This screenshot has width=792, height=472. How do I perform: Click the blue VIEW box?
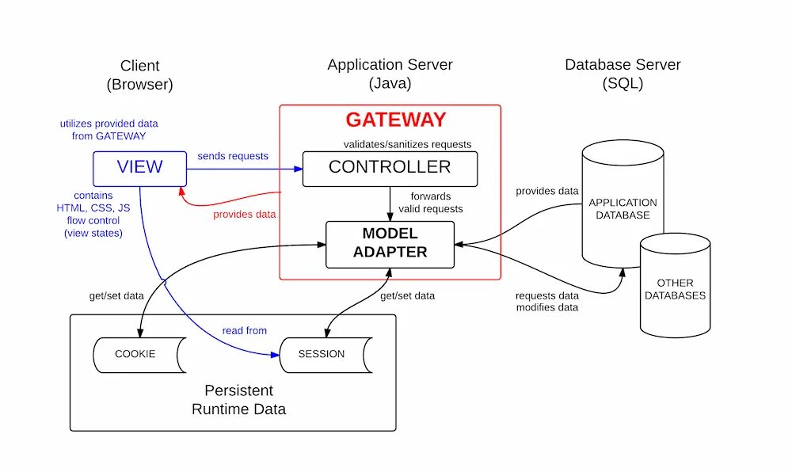click(139, 168)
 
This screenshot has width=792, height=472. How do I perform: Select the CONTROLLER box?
click(390, 168)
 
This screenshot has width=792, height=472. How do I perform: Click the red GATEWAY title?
click(395, 120)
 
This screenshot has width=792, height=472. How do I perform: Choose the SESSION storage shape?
click(322, 354)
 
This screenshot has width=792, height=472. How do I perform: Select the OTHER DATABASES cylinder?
click(674, 289)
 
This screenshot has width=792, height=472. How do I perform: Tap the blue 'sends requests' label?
click(233, 156)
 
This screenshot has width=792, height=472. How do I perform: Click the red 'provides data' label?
click(243, 215)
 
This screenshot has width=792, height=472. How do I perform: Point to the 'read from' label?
click(244, 330)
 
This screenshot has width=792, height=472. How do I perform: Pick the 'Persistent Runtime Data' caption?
click(238, 400)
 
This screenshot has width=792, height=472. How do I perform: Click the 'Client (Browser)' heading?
click(139, 74)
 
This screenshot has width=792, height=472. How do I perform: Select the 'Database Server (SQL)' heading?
click(623, 74)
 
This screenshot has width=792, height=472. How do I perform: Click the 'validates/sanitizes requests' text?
click(407, 144)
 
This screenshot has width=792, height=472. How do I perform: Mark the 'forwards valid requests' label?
click(436, 202)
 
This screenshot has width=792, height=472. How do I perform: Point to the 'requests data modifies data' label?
click(546, 300)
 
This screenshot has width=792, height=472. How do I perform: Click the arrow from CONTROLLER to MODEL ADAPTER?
click(390, 204)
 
